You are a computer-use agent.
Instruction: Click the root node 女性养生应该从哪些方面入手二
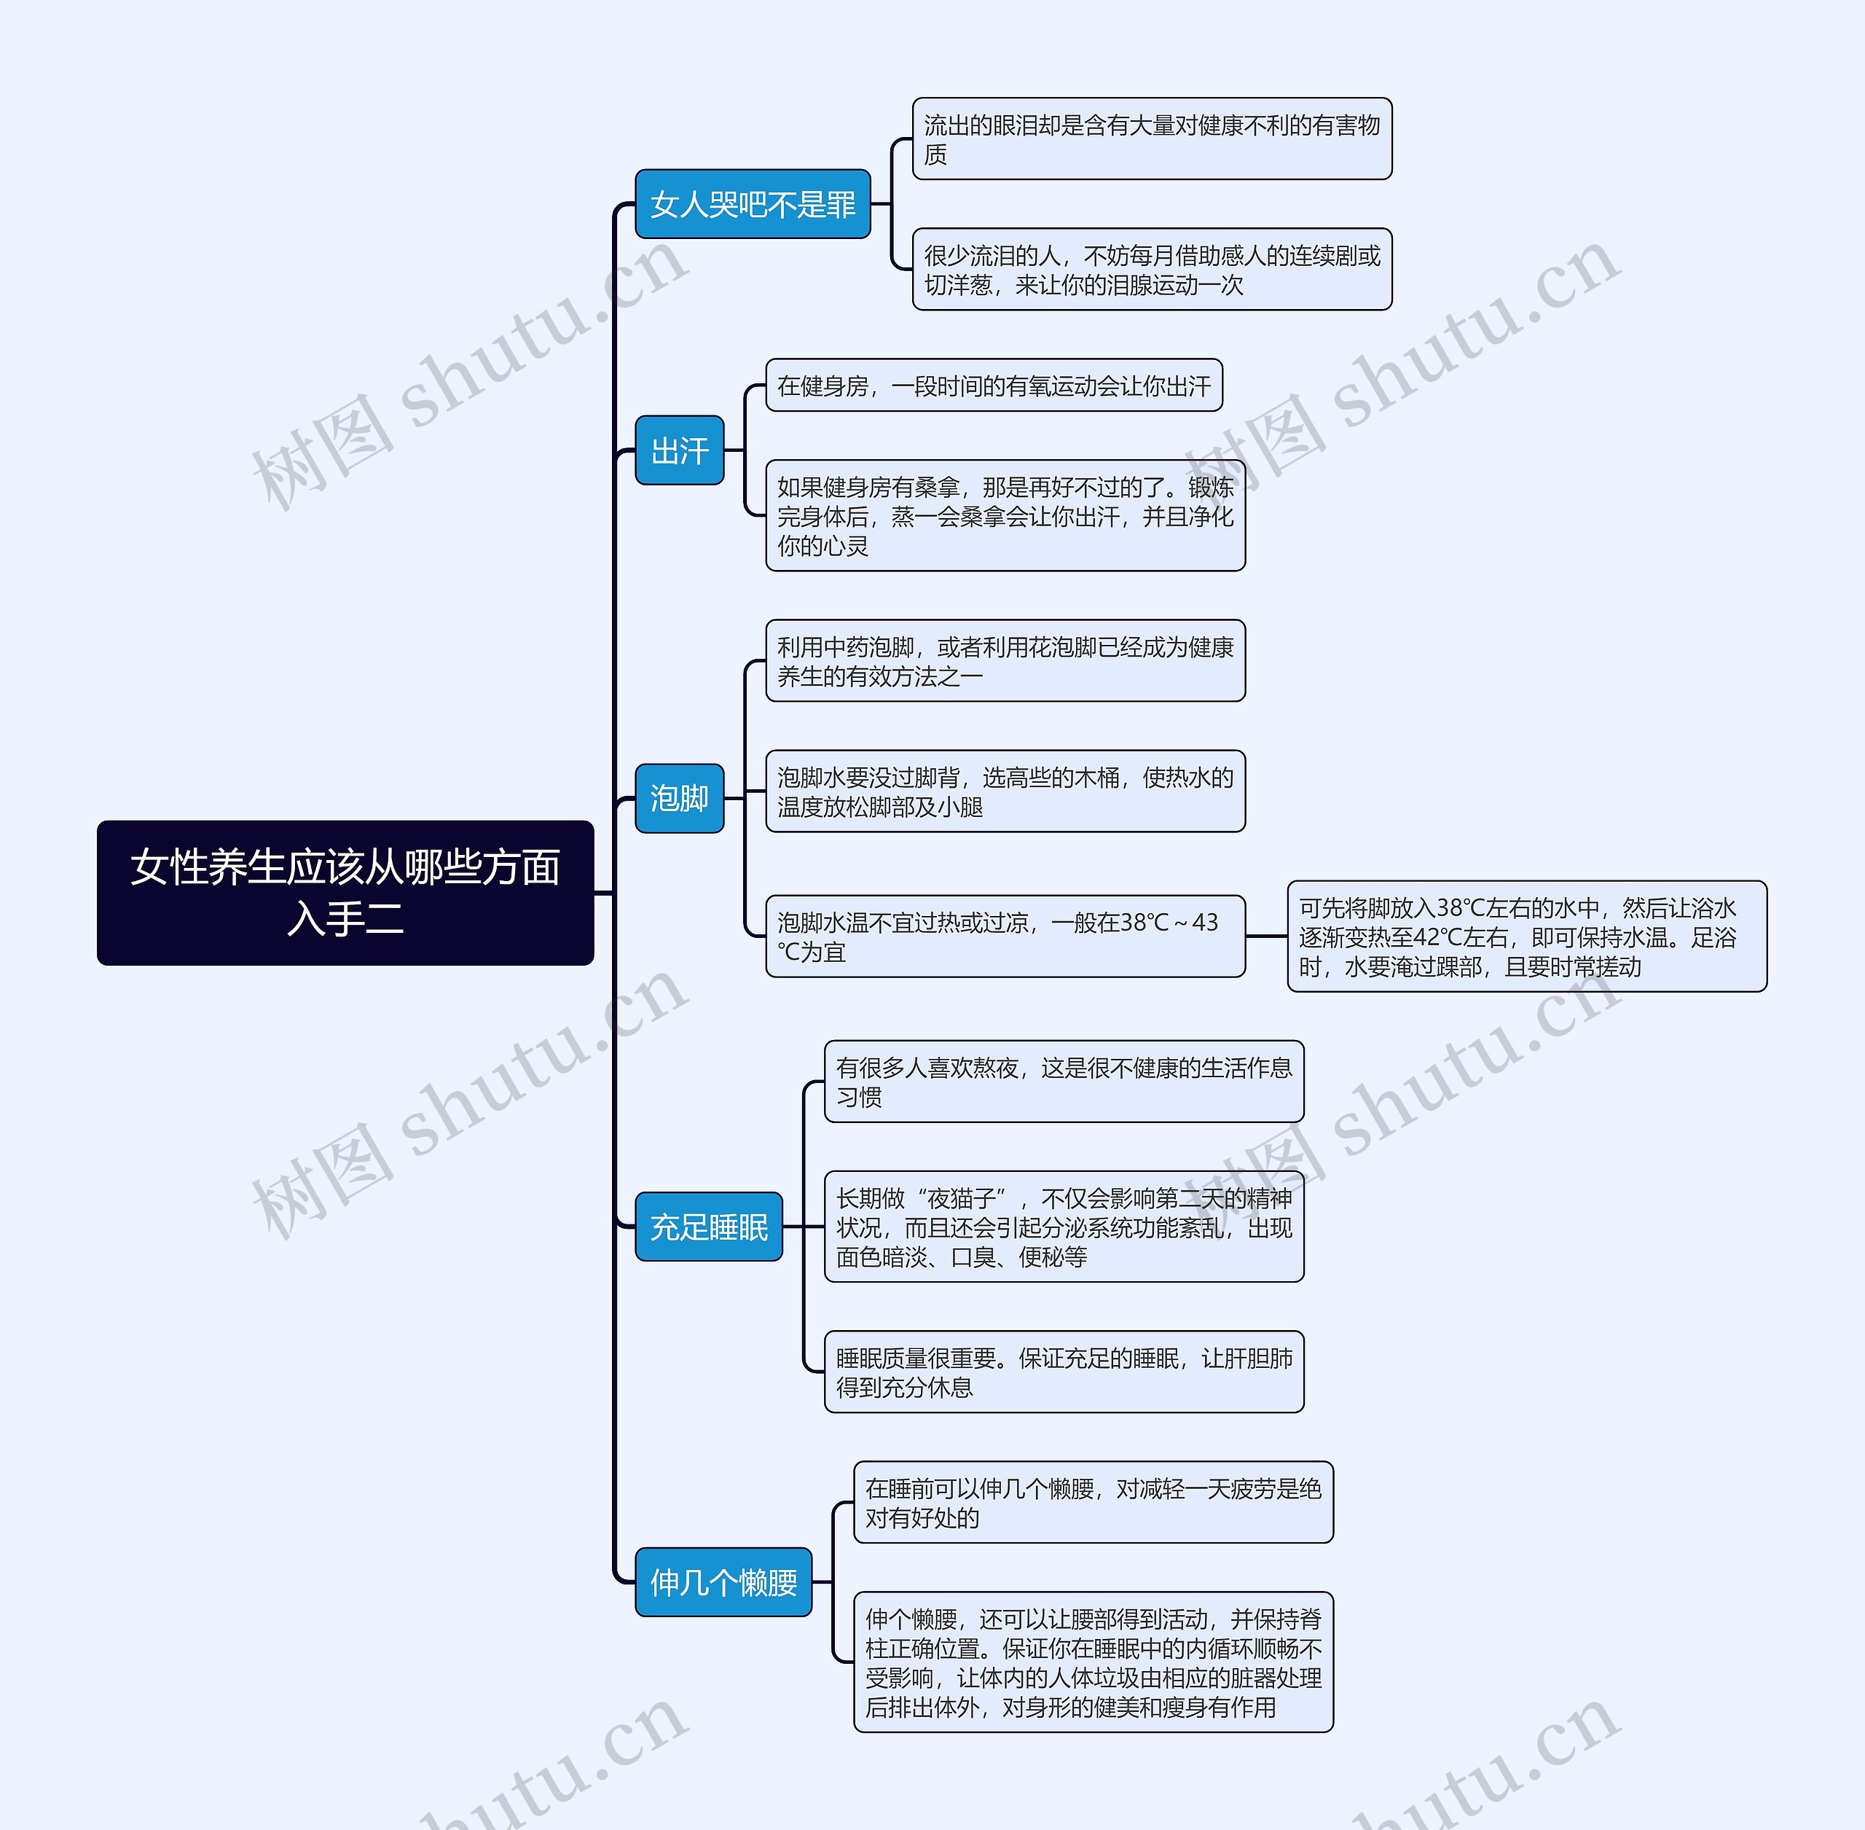point(345,892)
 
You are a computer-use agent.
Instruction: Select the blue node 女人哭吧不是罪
point(753,204)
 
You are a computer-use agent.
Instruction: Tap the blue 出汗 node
point(679,450)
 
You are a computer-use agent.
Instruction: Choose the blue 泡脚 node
point(679,798)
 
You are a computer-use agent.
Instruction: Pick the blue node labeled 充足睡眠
point(708,1227)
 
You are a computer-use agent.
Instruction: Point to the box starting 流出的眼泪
point(1151,138)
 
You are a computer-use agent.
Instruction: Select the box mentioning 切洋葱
point(1151,269)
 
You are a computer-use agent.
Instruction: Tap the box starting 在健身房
point(994,386)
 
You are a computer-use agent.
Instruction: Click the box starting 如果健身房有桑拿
point(1005,516)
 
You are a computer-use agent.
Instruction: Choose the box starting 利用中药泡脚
point(1005,661)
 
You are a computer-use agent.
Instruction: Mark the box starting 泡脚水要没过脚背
point(1005,791)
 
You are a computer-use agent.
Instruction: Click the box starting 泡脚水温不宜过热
point(1005,936)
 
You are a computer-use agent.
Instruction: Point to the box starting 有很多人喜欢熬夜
point(1064,1082)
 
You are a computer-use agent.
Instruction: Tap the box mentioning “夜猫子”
point(1064,1227)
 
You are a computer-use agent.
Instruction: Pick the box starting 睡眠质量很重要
point(1064,1372)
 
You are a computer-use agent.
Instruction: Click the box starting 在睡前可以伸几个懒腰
point(1094,1502)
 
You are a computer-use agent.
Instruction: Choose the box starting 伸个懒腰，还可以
point(1094,1662)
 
